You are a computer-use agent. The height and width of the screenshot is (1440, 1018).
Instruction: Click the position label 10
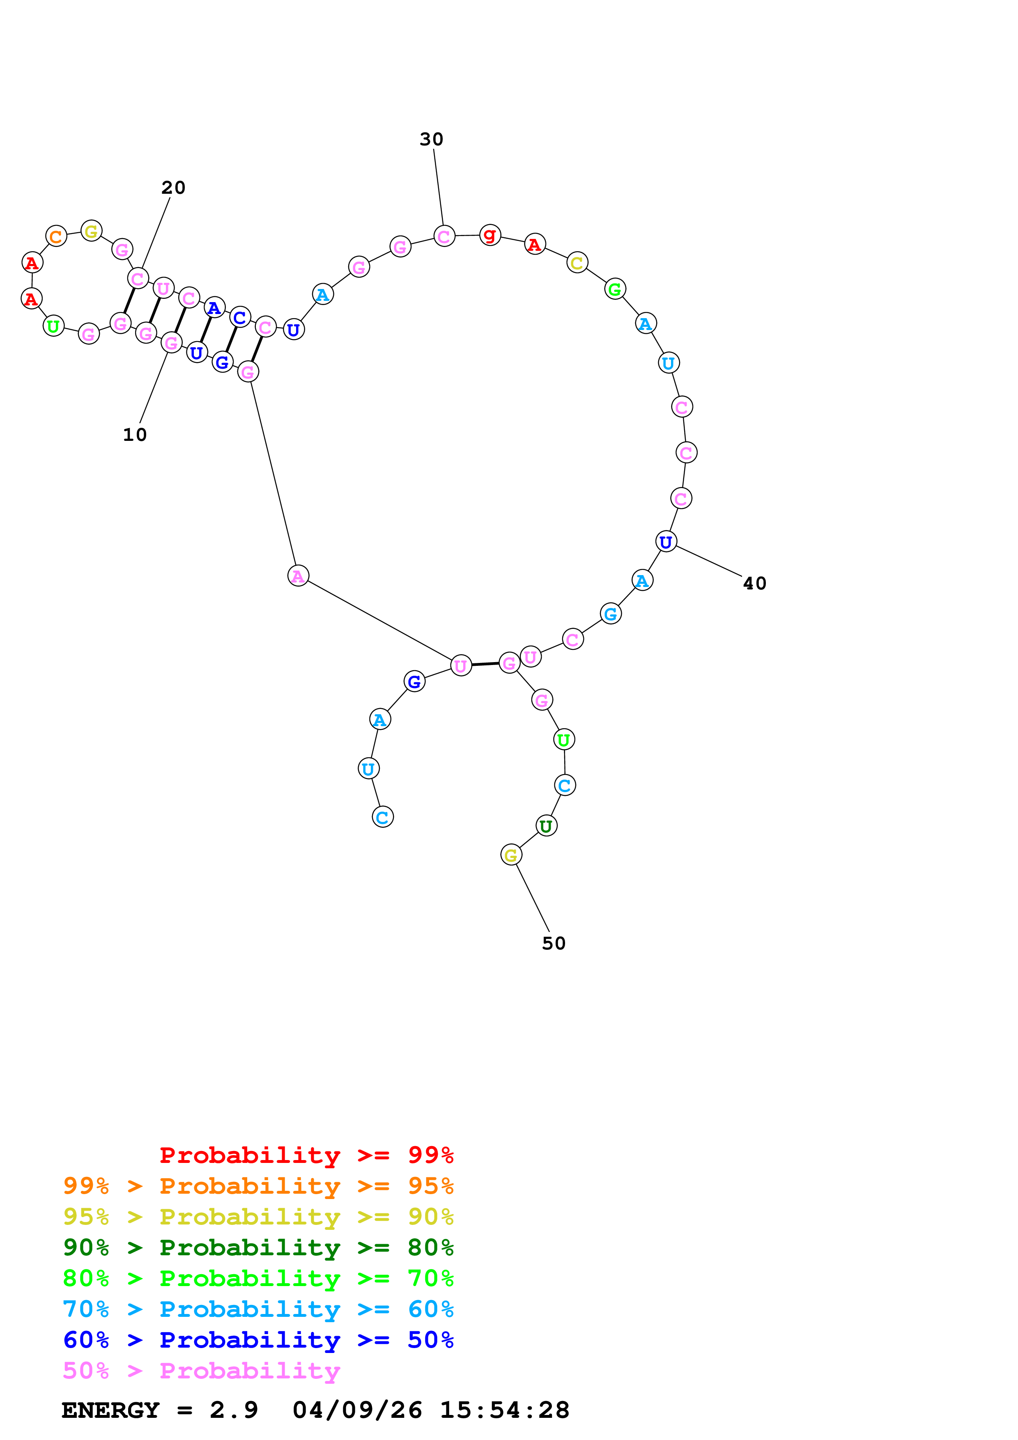pos(134,435)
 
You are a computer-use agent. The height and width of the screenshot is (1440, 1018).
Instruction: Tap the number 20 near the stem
pos(173,188)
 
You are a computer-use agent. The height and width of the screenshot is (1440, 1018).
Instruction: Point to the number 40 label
pos(754,583)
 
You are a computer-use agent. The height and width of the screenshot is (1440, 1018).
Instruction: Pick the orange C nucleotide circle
pos(56,236)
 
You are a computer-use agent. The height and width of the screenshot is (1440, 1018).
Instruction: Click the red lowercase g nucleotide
pos(490,235)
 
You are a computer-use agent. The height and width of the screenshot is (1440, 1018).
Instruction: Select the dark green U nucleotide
pos(546,826)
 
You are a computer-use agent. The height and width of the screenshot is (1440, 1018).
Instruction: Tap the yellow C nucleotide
pos(577,263)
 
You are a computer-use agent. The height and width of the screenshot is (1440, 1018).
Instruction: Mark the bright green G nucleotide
pos(615,289)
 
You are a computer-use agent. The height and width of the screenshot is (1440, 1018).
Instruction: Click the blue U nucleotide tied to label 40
pos(666,541)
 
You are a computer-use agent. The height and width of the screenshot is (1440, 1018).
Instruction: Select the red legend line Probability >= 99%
pos(306,1155)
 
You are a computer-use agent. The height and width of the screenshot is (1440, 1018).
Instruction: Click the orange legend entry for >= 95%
pos(258,1186)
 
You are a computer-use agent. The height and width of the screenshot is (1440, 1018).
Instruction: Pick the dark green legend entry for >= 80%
pos(258,1247)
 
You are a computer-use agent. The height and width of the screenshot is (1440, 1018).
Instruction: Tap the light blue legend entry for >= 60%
pos(258,1309)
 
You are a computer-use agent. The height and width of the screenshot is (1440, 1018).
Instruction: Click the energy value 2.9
pos(233,1410)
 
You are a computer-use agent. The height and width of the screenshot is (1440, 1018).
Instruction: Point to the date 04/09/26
pos(357,1410)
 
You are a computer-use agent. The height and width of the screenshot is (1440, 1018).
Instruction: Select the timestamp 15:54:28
pos(504,1410)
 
